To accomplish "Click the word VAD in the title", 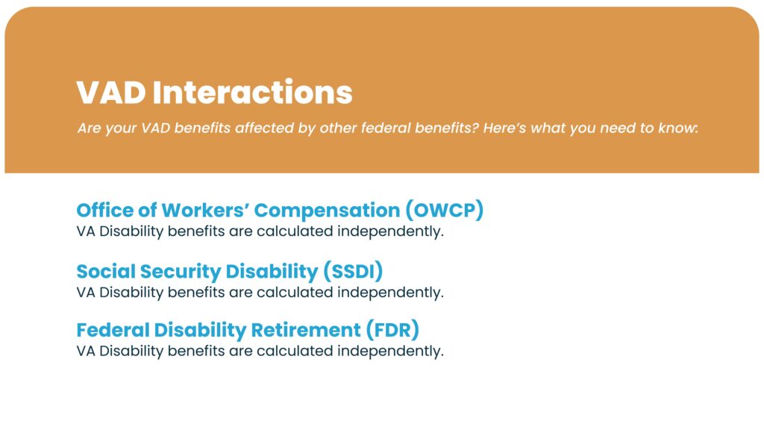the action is [111, 92].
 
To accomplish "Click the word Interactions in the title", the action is [252, 92].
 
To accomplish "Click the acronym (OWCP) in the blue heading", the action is [445, 210].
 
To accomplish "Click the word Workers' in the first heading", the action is [205, 210].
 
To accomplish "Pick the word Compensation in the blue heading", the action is [327, 211].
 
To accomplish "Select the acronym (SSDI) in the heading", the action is [353, 271].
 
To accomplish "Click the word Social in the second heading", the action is [104, 271].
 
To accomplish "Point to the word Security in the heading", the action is [180, 272].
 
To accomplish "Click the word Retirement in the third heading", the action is [306, 329].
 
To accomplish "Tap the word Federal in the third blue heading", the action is [113, 329].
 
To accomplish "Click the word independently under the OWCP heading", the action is [390, 231].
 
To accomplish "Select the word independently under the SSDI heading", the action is [390, 292].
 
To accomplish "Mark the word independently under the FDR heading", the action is [390, 351].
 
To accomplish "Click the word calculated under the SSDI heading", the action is [295, 292].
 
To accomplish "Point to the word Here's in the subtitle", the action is [504, 128].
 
